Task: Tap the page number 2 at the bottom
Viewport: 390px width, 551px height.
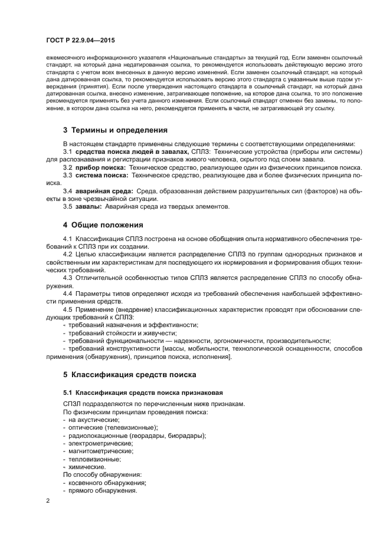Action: tap(48, 501)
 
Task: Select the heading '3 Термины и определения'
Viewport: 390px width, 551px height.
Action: tap(115, 130)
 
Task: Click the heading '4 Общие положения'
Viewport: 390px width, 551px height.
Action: tap(101, 225)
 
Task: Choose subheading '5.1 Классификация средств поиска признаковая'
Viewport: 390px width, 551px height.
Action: tap(135, 392)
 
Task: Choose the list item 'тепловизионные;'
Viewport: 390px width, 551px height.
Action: tap(94, 459)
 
